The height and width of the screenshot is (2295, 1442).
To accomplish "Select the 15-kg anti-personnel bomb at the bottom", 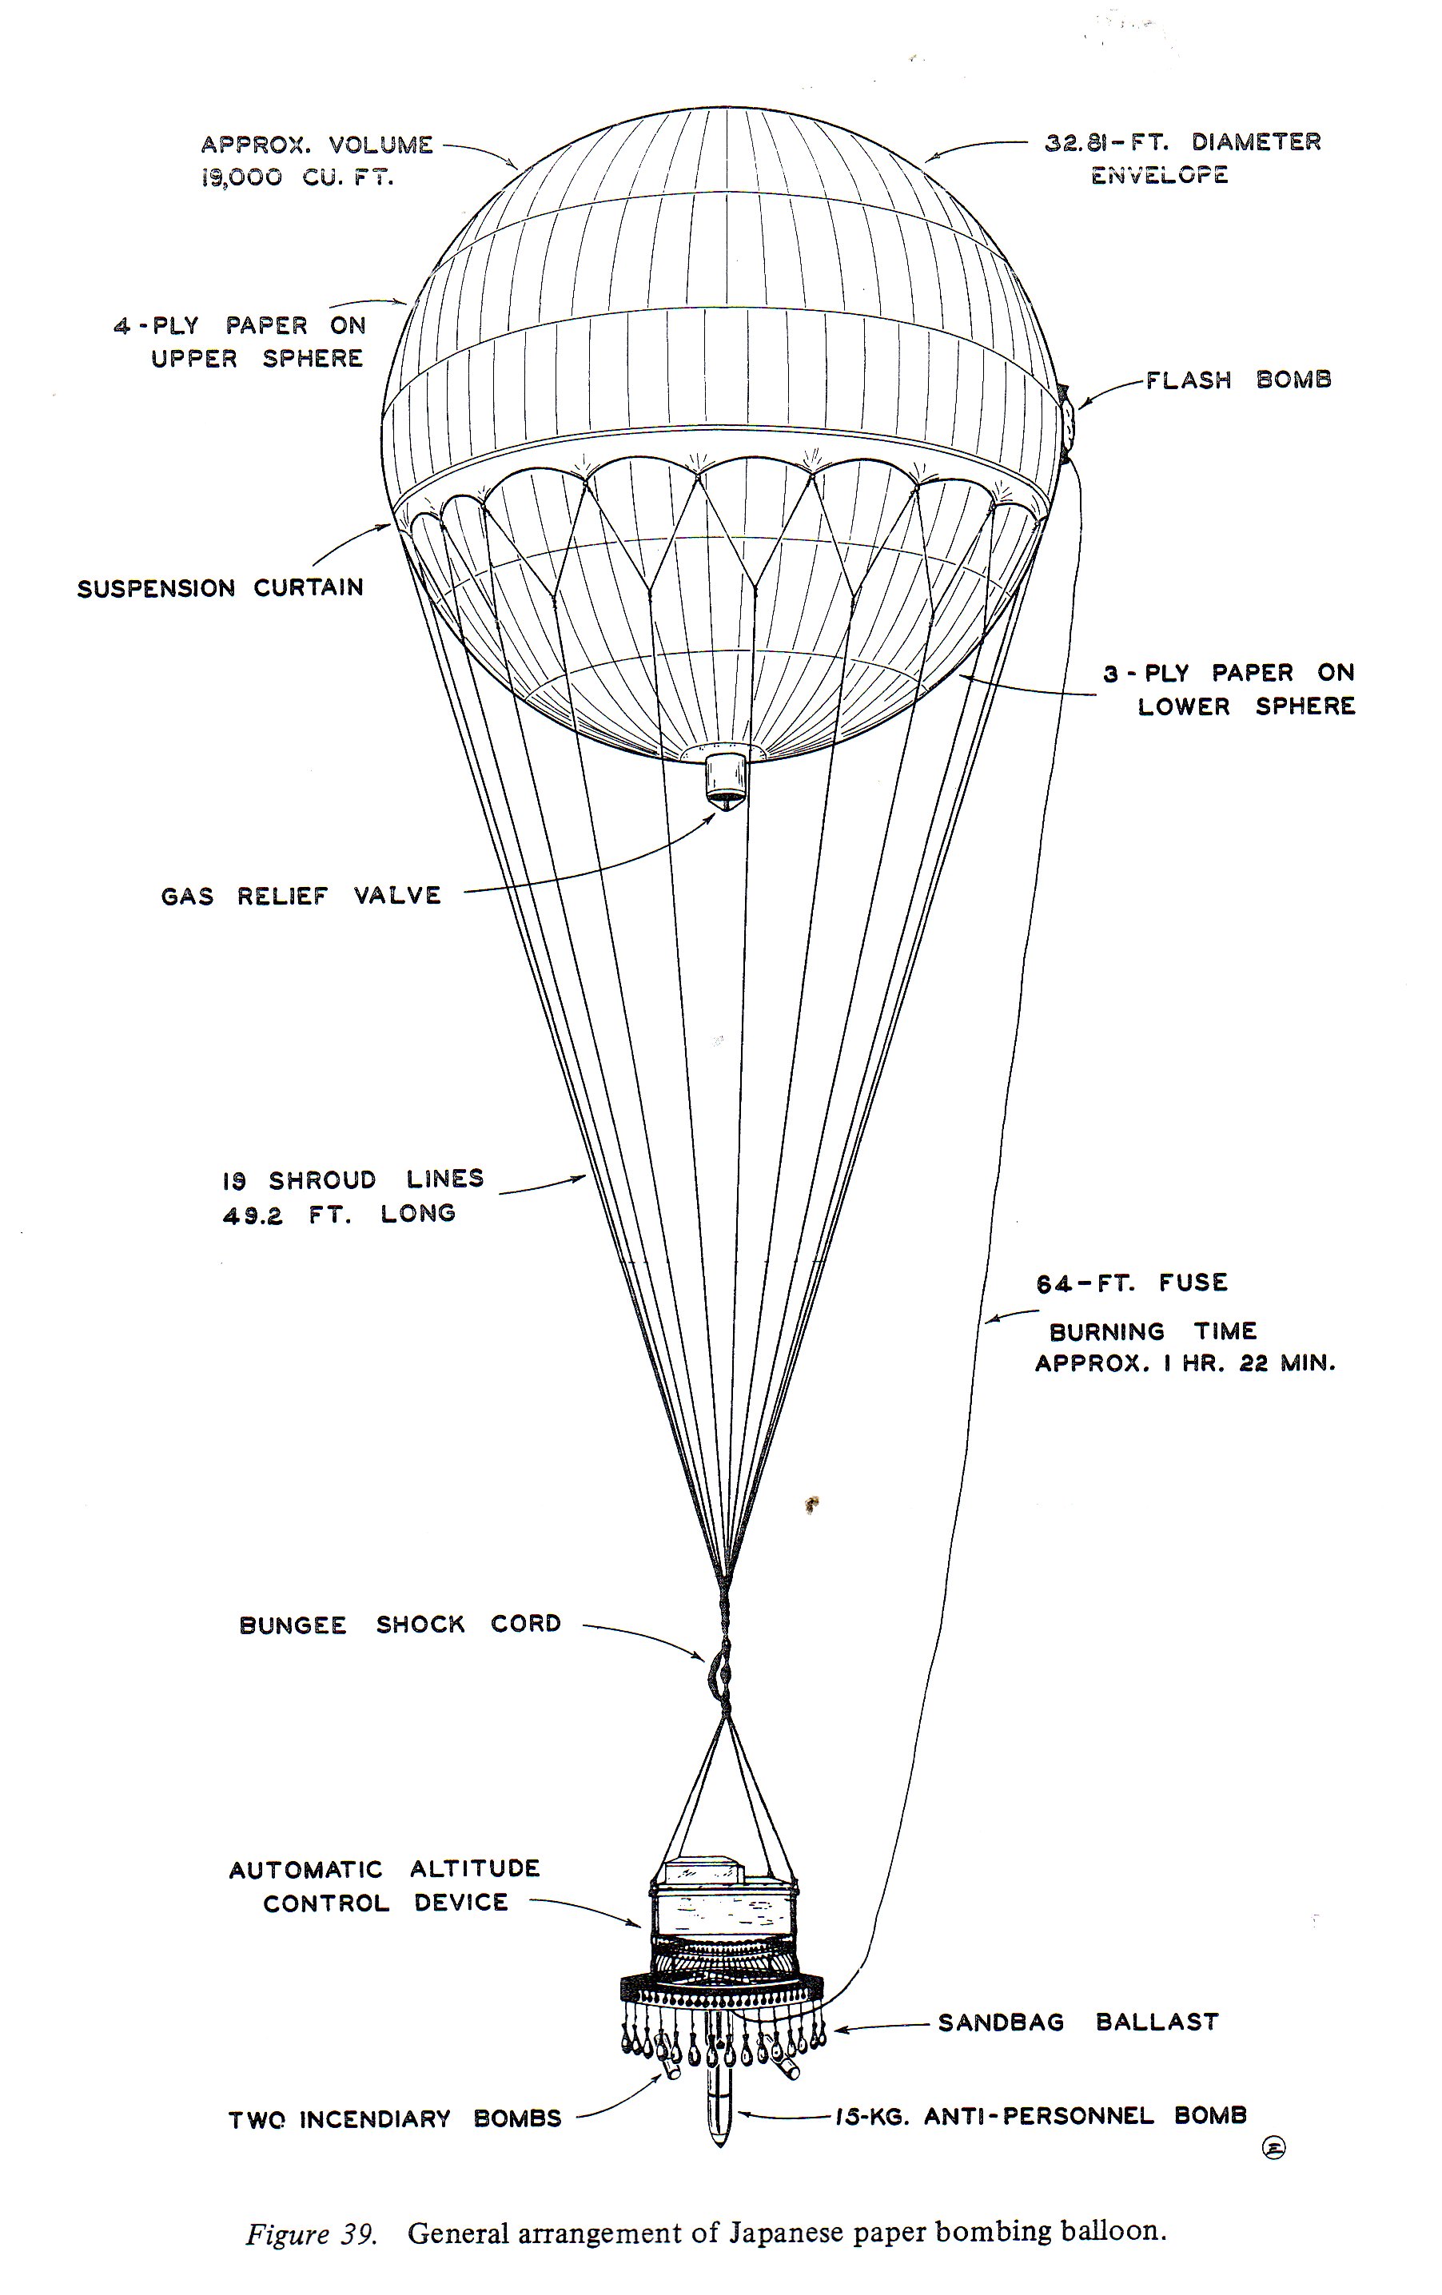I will coord(719,2107).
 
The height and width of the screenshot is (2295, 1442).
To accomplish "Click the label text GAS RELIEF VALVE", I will coord(301,896).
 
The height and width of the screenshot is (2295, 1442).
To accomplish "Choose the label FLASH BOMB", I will coord(1237,380).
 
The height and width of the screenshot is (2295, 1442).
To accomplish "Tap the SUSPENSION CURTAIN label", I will coord(220,588).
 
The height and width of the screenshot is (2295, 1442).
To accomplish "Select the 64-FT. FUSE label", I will coord(1131,1283).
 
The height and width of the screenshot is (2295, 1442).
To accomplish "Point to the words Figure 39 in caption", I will coord(311,2234).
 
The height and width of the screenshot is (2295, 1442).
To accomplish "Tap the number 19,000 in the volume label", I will coord(241,177).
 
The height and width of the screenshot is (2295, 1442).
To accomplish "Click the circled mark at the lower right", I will coord(1273,2147).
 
